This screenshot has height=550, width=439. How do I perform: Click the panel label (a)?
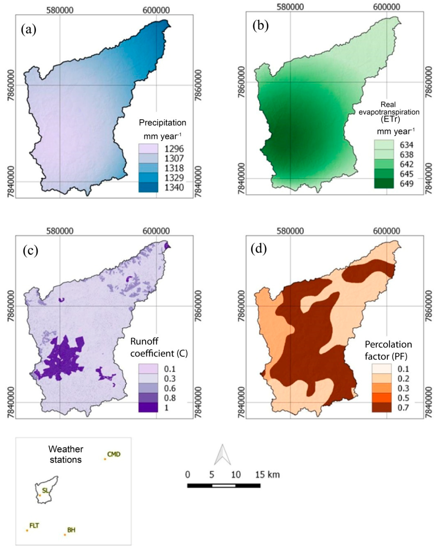pos(28,30)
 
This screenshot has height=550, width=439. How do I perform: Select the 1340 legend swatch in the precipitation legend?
pos(148,187)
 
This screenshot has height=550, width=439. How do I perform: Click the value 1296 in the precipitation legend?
pos(174,148)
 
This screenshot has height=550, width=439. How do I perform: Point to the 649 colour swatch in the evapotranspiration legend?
pos(384,183)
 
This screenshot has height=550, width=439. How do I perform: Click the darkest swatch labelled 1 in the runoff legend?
pos(148,407)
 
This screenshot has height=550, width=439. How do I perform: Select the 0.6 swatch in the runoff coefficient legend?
pos(148,388)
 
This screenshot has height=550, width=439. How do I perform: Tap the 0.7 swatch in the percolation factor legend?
pos(381,407)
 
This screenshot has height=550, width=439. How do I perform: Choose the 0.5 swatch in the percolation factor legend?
pos(381,397)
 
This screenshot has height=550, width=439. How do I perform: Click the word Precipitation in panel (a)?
pos(162,123)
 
